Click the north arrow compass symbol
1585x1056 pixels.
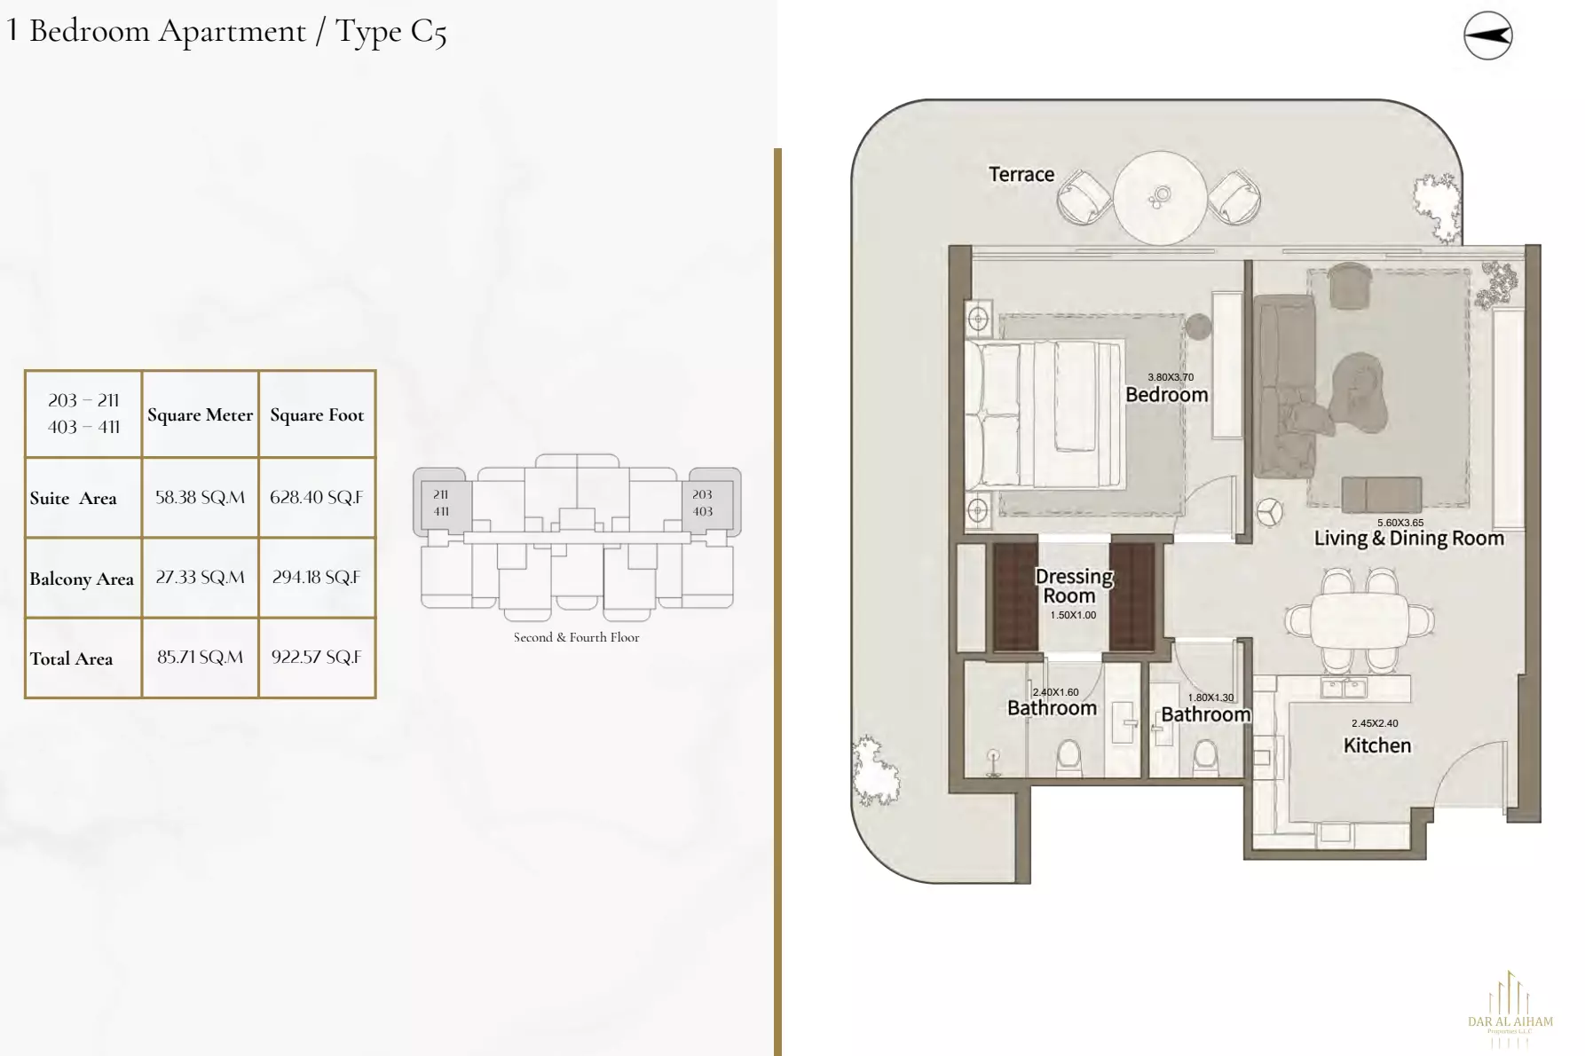(1487, 35)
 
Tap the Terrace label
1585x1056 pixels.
(1021, 175)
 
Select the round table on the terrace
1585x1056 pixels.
(1159, 197)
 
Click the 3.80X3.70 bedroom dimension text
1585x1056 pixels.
(1170, 377)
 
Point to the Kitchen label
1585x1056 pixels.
(1376, 745)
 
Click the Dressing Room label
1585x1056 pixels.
(1073, 586)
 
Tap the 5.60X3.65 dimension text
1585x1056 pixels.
(1400, 523)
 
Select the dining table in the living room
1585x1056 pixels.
(1359, 620)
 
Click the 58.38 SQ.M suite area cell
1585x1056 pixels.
(200, 498)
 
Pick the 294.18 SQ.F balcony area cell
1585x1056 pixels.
(316, 578)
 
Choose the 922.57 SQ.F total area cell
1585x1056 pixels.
(316, 658)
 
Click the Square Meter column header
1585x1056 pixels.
(200, 414)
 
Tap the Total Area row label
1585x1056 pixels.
(71, 658)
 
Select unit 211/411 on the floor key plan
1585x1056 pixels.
(441, 502)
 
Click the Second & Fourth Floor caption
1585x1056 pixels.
(576, 637)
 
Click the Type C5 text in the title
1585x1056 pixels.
(390, 32)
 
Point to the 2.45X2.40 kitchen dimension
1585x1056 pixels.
(1374, 723)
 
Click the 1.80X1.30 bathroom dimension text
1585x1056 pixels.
(1210, 697)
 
